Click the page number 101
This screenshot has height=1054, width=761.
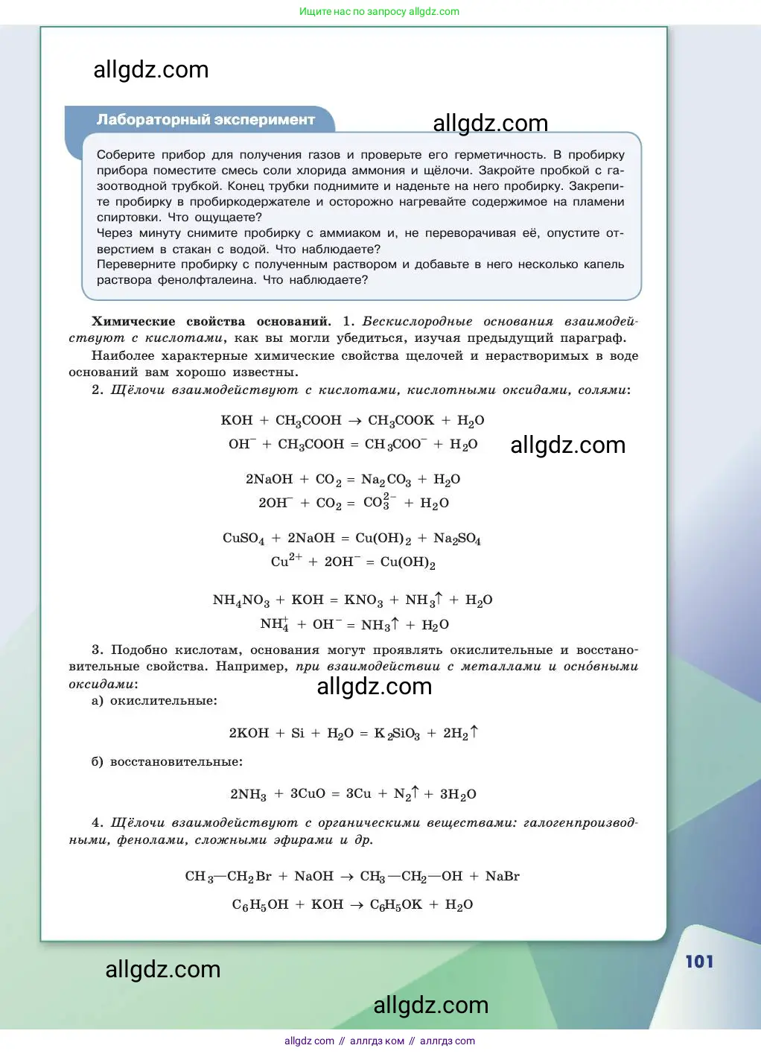coord(699,962)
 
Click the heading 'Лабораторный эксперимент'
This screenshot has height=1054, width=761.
coord(206,120)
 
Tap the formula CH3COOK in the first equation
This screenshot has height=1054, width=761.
coord(401,421)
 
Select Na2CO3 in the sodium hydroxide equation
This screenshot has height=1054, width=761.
coord(386,480)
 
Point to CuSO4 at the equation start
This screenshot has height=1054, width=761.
coord(243,539)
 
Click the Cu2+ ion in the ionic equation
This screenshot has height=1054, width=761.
coord(286,561)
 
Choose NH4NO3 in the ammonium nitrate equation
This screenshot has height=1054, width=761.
coord(241,600)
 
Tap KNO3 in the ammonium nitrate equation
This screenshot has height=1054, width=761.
coord(363,600)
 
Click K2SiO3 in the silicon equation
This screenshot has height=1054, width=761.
coord(397,734)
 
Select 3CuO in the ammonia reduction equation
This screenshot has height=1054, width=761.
coord(308,794)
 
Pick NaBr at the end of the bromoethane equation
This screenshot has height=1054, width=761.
coord(502,877)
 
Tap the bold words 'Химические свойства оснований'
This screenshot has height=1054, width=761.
coord(211,322)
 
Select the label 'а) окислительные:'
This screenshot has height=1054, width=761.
coord(154,701)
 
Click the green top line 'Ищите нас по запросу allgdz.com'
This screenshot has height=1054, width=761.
coord(379,12)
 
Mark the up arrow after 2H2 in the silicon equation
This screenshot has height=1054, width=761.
coord(474,732)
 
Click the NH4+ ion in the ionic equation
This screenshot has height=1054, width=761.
coord(274,624)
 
